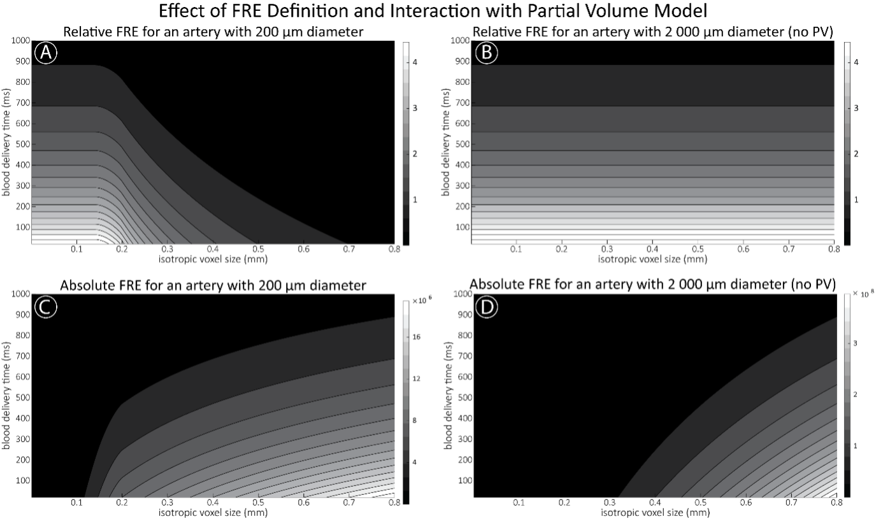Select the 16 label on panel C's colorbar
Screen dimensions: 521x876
pyautogui.click(x=416, y=338)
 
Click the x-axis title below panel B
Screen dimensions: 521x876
pyautogui.click(x=652, y=259)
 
